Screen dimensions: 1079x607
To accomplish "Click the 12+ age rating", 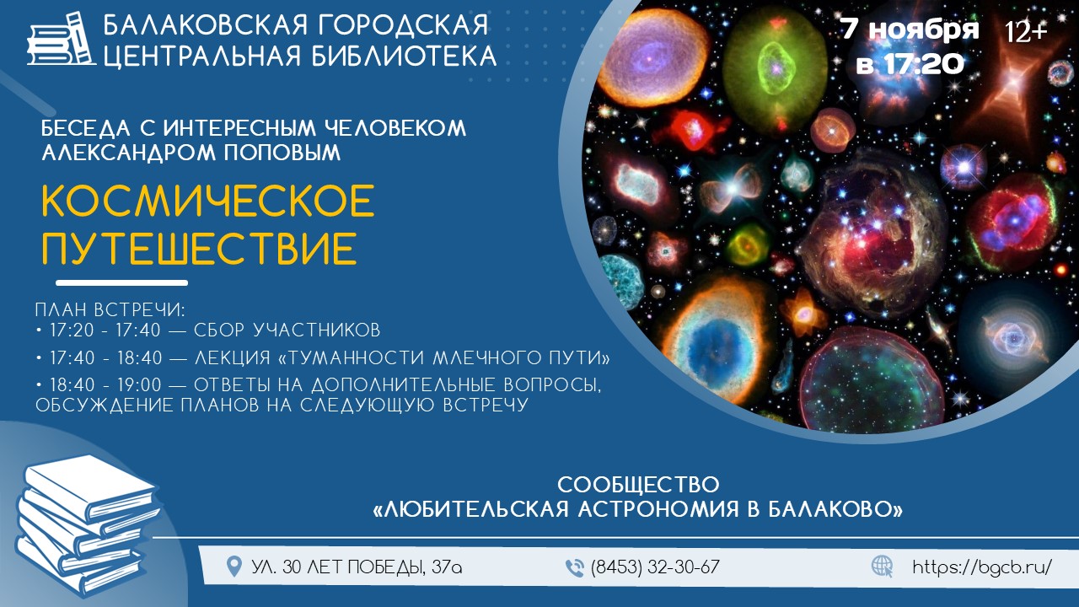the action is point(1026,32).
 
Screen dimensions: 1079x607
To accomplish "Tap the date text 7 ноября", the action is point(910,29).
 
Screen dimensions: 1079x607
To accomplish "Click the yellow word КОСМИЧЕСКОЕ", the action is point(208,201).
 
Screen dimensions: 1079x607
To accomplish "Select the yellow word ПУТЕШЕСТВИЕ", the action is point(200,249).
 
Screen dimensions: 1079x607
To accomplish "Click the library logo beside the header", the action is point(62,40).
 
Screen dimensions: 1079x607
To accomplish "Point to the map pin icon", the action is point(234,567).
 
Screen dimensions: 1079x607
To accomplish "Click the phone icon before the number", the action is point(574,568).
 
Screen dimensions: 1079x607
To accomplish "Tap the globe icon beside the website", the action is point(882,567).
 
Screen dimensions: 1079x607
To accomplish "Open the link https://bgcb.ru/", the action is point(982,567).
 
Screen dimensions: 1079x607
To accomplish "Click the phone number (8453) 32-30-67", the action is point(655,567).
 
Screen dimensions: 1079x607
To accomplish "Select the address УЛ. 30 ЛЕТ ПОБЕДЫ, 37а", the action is point(357,567).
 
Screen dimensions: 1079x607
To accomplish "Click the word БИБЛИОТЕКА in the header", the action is point(404,56).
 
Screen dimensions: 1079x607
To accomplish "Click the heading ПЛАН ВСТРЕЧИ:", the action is point(110,309).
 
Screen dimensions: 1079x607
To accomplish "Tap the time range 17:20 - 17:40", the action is point(105,330).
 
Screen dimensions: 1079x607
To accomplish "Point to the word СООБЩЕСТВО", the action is point(638,485).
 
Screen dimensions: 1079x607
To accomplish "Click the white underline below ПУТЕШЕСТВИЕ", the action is point(122,282).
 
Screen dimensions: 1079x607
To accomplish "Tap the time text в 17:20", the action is point(910,63).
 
